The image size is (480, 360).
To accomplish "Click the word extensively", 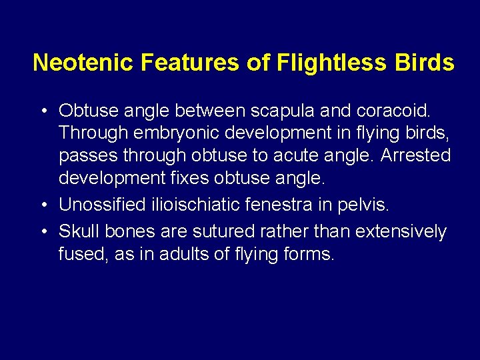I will click(401, 231).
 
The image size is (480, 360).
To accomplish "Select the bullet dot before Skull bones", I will click(43, 231).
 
